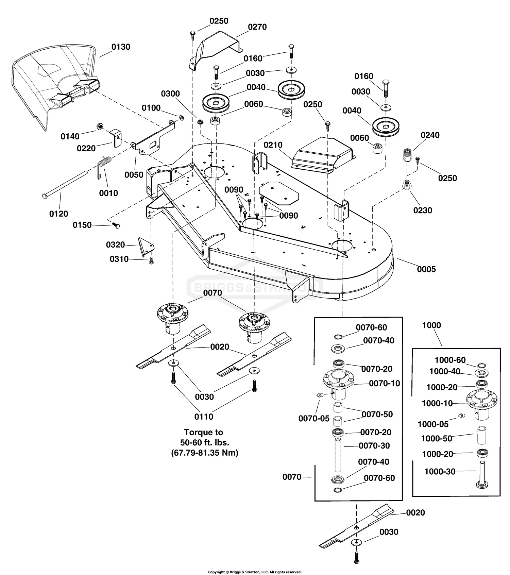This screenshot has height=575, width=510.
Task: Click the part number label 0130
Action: tap(121, 47)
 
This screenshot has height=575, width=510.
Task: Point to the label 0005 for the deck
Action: tap(426, 269)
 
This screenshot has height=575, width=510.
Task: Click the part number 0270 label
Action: tap(257, 27)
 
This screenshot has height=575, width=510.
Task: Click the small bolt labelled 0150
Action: tap(116, 225)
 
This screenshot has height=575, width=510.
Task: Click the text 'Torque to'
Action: tap(203, 432)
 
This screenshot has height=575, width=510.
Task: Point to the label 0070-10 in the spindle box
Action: tap(384, 383)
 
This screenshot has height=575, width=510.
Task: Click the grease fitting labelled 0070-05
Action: tap(319, 395)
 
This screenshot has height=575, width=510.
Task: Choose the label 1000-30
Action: tap(440, 471)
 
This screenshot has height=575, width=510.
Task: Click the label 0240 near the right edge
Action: tap(430, 135)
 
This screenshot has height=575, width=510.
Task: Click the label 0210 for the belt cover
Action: tap(273, 145)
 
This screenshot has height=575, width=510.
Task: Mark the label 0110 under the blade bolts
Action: tap(204, 417)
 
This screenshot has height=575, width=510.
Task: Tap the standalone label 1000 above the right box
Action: tap(431, 325)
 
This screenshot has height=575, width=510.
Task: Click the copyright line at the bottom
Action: tap(255, 572)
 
